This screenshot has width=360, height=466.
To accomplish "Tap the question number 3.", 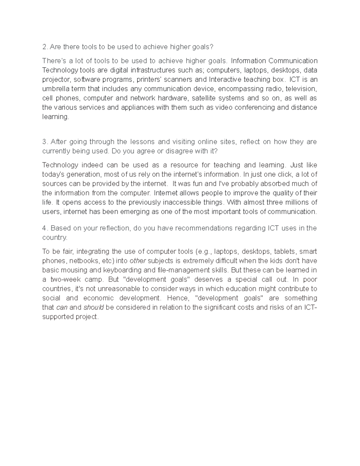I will pyautogui.click(x=44, y=142).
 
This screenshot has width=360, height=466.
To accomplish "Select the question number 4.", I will pyautogui.click(x=44, y=228).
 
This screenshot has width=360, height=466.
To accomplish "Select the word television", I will pyautogui.click(x=301, y=89).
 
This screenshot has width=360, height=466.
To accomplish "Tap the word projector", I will pyautogui.click(x=56, y=80).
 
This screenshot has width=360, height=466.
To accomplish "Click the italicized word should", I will pyautogui.click(x=93, y=308).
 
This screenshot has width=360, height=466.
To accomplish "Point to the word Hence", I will pyautogui.click(x=178, y=298).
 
